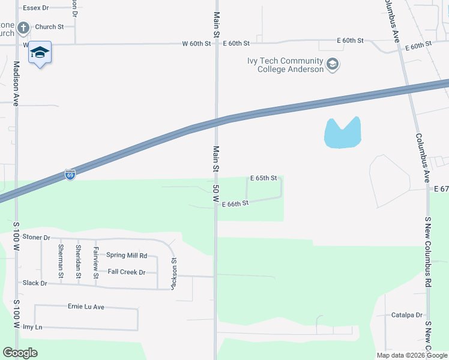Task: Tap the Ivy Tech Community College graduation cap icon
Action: point(333,64)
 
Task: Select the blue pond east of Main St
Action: point(342,133)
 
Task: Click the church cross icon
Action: point(23,28)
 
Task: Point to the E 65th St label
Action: point(264,178)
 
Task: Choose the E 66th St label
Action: point(235,204)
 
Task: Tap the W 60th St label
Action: point(197,44)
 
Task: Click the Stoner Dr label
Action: point(36,238)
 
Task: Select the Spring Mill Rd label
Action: point(127,255)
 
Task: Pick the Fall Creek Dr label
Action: point(127,272)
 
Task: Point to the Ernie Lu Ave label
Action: point(86,307)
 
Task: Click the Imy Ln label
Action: point(32,327)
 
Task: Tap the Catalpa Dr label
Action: point(407,315)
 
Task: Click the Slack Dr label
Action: point(35,283)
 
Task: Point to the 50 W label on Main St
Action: point(215,193)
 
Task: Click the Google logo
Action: point(20,353)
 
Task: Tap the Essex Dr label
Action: point(36,8)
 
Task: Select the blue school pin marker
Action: point(40,53)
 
